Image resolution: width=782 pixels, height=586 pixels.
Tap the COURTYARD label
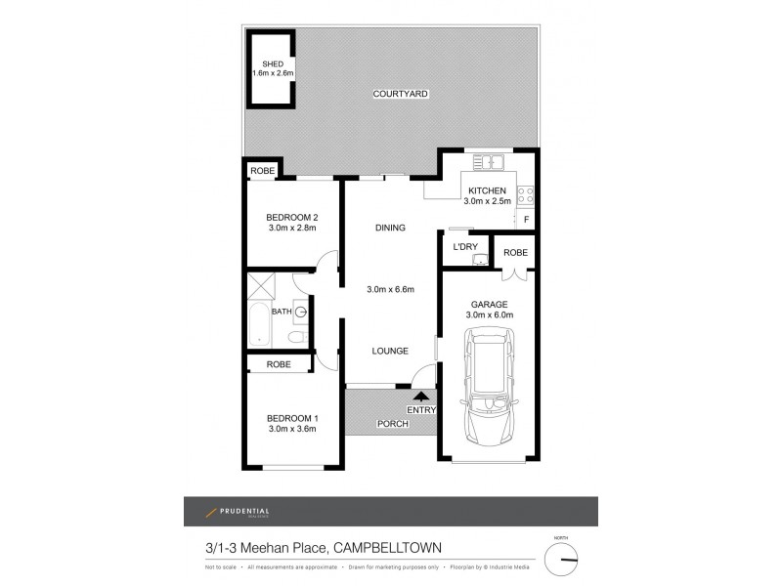click(x=401, y=94)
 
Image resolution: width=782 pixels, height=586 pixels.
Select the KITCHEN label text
click(x=487, y=190)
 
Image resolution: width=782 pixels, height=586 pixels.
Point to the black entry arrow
click(x=421, y=396)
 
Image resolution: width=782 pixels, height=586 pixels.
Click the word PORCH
click(x=391, y=425)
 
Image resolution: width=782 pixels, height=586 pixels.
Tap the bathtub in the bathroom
click(x=260, y=326)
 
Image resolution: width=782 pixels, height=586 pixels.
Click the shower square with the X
click(x=261, y=285)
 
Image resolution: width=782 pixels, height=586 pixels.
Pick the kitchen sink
click(x=485, y=161)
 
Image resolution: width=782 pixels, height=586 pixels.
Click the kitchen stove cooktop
click(x=525, y=192)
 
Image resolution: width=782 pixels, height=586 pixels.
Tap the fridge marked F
click(x=525, y=220)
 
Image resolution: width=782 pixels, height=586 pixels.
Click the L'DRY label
click(x=464, y=248)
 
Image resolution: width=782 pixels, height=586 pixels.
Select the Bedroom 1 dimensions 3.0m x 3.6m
click(x=292, y=429)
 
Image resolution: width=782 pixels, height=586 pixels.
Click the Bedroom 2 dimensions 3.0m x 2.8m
click(x=292, y=229)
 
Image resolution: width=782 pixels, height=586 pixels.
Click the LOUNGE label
click(x=390, y=351)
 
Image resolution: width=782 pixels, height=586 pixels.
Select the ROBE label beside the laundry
click(x=515, y=252)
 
